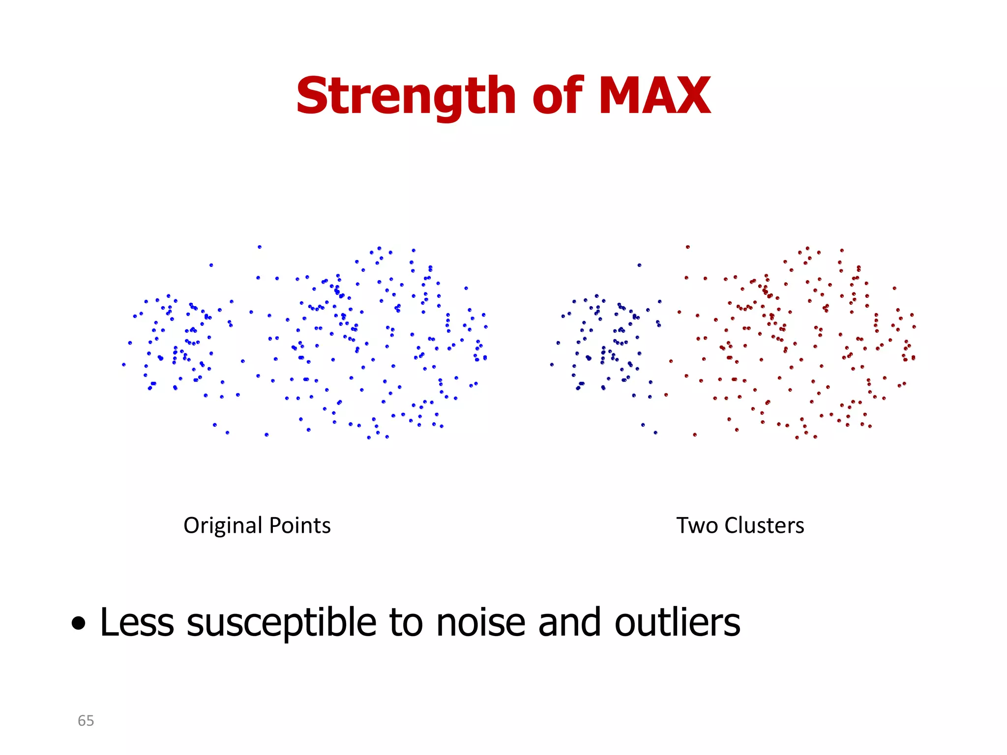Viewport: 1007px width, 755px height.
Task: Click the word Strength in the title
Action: pos(406,96)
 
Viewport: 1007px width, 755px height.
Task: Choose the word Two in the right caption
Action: pos(697,525)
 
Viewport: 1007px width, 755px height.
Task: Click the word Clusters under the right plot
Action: pos(764,525)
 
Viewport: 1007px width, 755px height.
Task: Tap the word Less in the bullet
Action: pos(137,622)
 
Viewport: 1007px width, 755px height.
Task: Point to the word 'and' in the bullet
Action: pos(570,622)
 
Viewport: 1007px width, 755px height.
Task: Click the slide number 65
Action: pos(86,721)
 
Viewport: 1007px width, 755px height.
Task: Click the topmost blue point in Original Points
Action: pos(260,247)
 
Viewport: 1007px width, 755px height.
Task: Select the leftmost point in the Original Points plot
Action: pos(123,364)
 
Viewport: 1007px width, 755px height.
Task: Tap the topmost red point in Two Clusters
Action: pos(687,247)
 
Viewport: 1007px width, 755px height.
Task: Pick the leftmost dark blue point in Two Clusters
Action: pos(552,364)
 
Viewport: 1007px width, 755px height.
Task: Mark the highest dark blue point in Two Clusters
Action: pos(639,265)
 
